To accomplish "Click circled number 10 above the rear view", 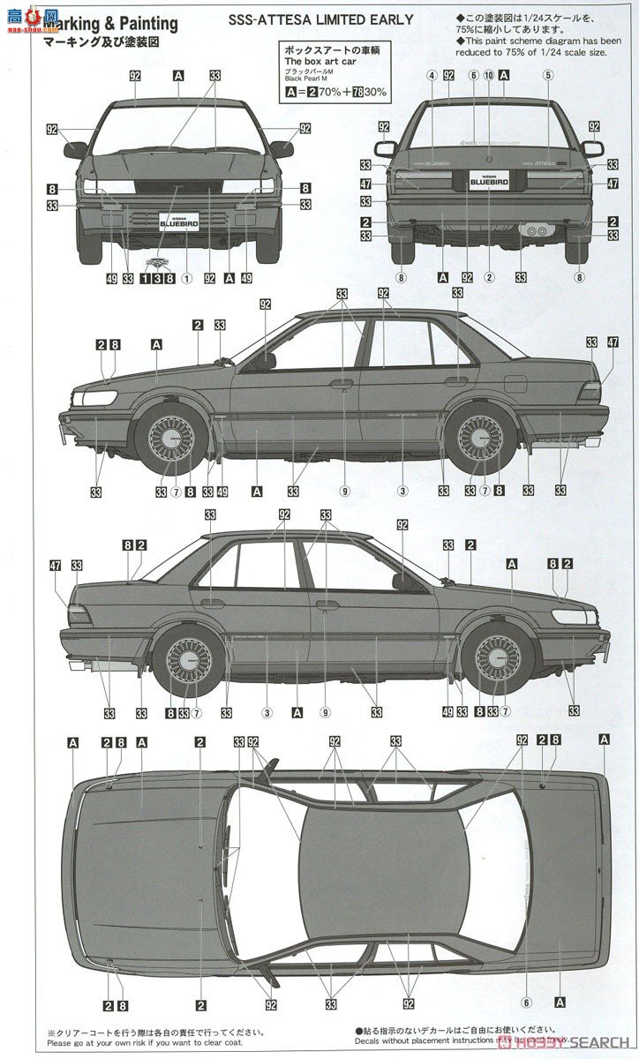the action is tap(488, 76).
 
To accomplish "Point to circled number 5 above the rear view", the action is tap(547, 76).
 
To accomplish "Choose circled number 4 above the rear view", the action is tap(432, 76).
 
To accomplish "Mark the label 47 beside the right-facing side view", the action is tap(55, 566).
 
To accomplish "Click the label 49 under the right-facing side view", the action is tap(448, 711).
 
